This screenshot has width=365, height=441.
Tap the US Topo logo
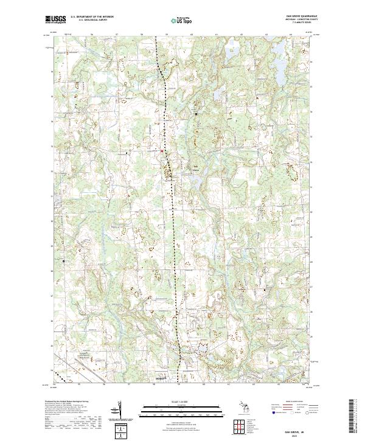(176, 21)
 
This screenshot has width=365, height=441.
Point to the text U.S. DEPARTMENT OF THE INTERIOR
(92, 17)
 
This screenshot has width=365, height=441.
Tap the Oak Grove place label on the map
(196, 168)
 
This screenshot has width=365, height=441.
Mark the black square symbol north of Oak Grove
(196, 113)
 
